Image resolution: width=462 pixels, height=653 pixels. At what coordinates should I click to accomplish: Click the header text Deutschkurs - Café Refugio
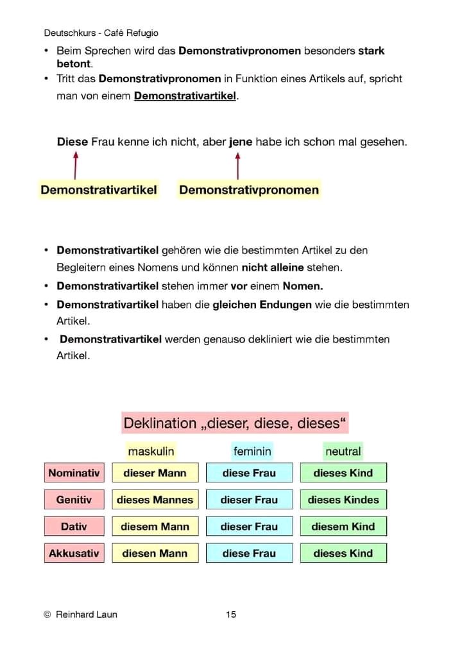tap(101, 33)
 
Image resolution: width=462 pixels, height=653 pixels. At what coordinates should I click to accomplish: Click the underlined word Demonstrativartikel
tap(185, 96)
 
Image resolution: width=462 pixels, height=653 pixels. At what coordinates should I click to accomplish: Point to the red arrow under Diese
tap(76, 165)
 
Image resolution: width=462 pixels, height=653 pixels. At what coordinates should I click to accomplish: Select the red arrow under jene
tap(238, 165)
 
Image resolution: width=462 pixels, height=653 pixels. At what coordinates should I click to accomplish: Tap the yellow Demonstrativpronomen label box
tap(249, 190)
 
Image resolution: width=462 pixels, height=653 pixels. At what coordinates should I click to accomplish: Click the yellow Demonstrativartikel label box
tap(98, 190)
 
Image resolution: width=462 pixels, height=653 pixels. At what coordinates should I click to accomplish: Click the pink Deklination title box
tap(235, 423)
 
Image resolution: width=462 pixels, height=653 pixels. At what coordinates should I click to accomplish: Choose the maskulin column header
tap(151, 452)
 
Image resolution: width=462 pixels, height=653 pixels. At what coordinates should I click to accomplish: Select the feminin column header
tap(252, 452)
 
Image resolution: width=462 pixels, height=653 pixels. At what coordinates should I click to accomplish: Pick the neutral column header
tap(343, 452)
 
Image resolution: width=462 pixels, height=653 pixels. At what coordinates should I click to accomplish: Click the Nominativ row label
tap(74, 473)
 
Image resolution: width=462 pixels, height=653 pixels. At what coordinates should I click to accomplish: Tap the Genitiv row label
tap(74, 500)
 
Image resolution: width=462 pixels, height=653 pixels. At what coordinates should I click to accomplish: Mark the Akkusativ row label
tap(74, 553)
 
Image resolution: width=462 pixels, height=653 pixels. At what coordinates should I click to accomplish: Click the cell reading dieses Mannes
tap(155, 500)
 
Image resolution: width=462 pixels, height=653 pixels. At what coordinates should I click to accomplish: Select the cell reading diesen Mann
tap(155, 553)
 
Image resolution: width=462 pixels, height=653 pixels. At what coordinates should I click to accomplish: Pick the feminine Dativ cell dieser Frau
tap(249, 527)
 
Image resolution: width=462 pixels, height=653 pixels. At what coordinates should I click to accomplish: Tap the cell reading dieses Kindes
tap(343, 500)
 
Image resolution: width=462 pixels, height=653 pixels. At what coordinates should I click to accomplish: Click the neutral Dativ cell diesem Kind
tap(343, 527)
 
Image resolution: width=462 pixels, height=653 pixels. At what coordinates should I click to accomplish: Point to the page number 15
tap(231, 615)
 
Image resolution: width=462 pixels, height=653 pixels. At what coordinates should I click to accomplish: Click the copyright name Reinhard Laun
tap(87, 615)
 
